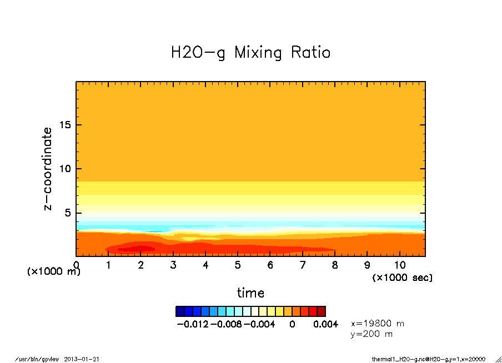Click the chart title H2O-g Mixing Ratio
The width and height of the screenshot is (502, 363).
(250, 53)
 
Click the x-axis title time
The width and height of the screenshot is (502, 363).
(250, 293)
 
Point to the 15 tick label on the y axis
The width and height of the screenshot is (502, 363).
(65, 125)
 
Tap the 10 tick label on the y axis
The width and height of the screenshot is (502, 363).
(65, 169)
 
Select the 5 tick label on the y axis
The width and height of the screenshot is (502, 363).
(68, 213)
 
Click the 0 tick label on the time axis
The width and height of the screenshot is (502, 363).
(76, 265)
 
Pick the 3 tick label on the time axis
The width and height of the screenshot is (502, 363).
(173, 265)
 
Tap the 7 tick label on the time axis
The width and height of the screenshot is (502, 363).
(303, 265)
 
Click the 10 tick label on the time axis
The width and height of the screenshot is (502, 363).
(400, 265)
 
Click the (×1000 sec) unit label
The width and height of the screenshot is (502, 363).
(402, 277)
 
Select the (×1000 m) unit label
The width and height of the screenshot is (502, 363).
(54, 271)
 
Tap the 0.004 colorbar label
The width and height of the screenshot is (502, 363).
(325, 324)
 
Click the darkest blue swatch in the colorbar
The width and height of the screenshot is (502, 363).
(179, 311)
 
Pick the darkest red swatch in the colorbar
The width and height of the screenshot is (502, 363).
(322, 311)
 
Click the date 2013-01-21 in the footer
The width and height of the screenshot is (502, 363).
(81, 359)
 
